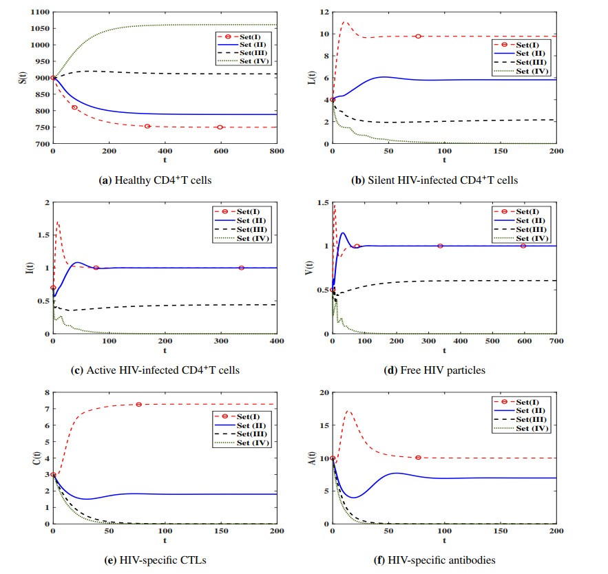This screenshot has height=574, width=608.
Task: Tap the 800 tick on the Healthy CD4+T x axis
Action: (x=276, y=150)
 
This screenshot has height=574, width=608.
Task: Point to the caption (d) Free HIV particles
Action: (x=434, y=370)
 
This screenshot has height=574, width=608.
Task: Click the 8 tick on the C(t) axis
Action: (x=45, y=392)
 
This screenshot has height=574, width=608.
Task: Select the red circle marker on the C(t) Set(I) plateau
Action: (x=138, y=404)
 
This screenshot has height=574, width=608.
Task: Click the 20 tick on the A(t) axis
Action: (x=322, y=392)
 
